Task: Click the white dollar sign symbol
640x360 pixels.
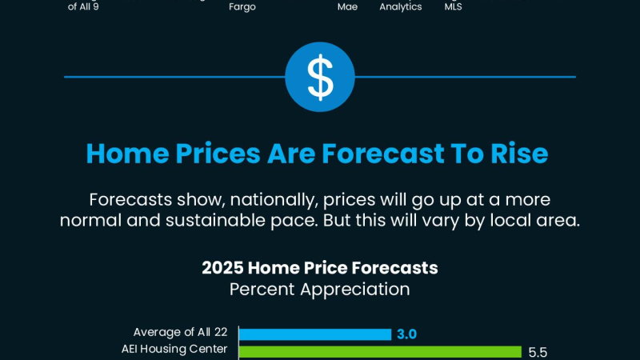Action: point(320,77)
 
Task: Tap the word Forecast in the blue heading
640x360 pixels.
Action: point(383,154)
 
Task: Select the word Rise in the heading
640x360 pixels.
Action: point(519,154)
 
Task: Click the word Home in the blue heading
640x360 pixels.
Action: point(127,154)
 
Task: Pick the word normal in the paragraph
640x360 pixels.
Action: point(90,221)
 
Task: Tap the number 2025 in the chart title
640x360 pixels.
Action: point(222,268)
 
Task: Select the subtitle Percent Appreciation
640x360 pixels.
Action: point(319,290)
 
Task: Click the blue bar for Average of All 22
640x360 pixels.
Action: point(315,334)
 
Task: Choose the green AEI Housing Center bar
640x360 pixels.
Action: point(380,352)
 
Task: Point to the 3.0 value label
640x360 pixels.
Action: point(406,334)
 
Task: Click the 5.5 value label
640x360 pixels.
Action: point(538,352)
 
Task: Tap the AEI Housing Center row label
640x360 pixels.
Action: point(174,350)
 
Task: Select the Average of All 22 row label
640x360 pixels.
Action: point(180,332)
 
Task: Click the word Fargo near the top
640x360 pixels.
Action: point(242,7)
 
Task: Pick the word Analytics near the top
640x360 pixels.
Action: point(401,7)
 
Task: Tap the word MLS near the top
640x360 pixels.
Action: point(453,7)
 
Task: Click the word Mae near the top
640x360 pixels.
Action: point(347,7)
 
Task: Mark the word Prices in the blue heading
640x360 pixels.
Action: point(218,154)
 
